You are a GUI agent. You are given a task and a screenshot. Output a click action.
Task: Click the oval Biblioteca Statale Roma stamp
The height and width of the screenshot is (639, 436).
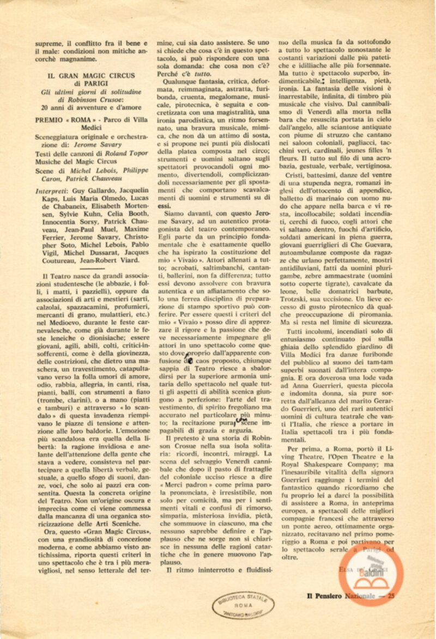[243, 604]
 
